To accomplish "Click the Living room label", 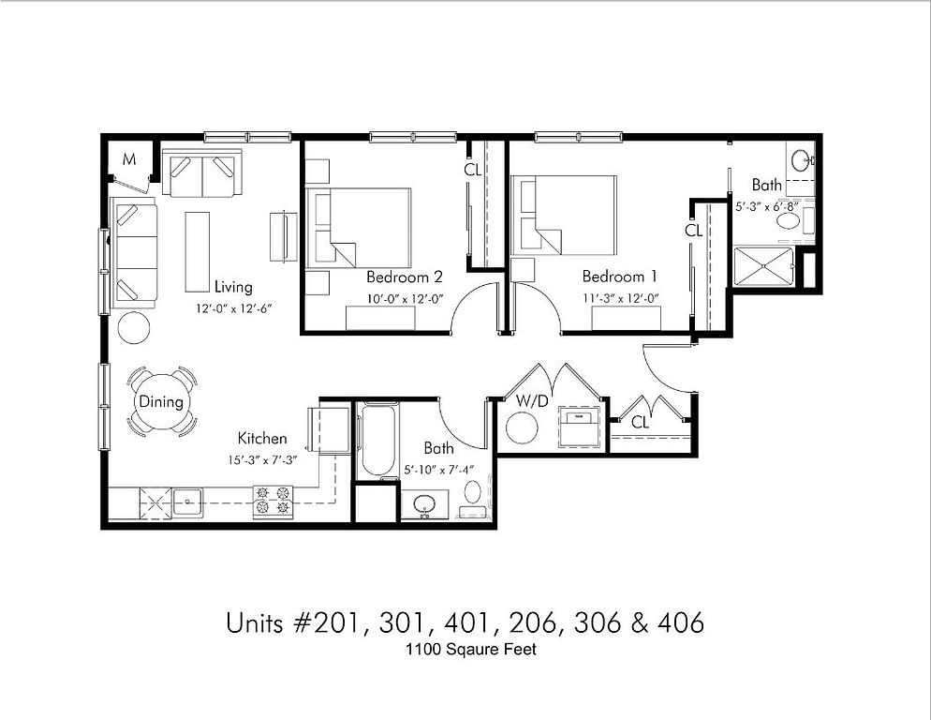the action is [x=233, y=287].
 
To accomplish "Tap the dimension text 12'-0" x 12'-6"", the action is [x=234, y=308].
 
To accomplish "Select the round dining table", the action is [x=161, y=402].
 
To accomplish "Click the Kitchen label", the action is [x=262, y=438].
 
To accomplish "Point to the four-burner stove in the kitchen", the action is [x=273, y=501].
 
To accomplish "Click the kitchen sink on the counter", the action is [x=187, y=502].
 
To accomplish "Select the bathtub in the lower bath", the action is [x=377, y=441].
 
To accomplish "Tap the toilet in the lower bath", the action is [x=473, y=498].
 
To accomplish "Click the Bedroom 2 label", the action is [x=405, y=277].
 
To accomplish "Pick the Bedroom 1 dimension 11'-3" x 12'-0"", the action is [x=620, y=298].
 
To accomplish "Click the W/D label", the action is [x=532, y=401].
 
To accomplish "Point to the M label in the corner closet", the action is [x=129, y=159].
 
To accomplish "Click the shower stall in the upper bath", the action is [x=764, y=266].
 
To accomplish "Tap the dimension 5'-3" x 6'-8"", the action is [x=767, y=207].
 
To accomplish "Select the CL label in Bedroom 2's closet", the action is [x=473, y=170].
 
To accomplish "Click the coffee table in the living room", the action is [x=197, y=252].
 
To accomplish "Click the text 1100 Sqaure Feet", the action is [x=471, y=650].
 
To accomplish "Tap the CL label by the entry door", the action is [x=640, y=422].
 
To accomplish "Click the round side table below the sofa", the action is [x=134, y=327].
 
